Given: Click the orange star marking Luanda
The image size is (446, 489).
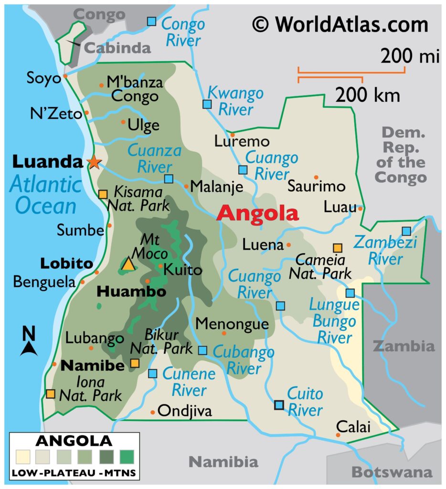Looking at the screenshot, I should pos(94,162).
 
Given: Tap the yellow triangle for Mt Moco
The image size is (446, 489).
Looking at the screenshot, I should pos(128,264).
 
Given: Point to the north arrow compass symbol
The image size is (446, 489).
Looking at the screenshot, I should pos(29,341).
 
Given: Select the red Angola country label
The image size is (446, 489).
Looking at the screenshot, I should pos(257,213).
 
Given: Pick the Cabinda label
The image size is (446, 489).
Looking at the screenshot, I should pos(117,47).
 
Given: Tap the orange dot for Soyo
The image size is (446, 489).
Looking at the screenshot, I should pos(65,76).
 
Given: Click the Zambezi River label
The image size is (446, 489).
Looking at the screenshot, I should pos(379,251).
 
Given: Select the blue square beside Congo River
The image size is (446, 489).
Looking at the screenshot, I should pos(151,21).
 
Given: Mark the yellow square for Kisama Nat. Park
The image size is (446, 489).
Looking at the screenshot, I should pos(103,194).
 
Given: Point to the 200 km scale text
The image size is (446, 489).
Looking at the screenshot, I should pos(367,96).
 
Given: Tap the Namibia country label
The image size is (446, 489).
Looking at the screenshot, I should pos(223,461).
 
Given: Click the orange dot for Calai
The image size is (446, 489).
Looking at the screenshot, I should pos(338,435).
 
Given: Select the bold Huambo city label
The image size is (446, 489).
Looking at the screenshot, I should pos(131,291).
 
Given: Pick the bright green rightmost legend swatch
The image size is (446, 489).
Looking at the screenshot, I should pos(128,457).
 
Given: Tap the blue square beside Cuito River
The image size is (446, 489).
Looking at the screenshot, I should pos(279,405).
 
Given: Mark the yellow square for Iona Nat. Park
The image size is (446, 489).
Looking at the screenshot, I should pos(50,393).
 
